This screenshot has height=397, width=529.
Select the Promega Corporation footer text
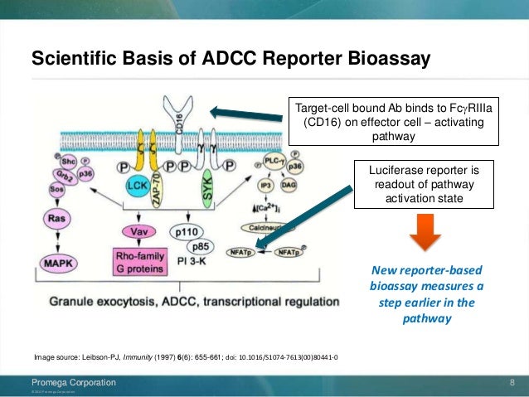(74, 382)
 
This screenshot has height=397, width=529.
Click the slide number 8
(512, 382)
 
